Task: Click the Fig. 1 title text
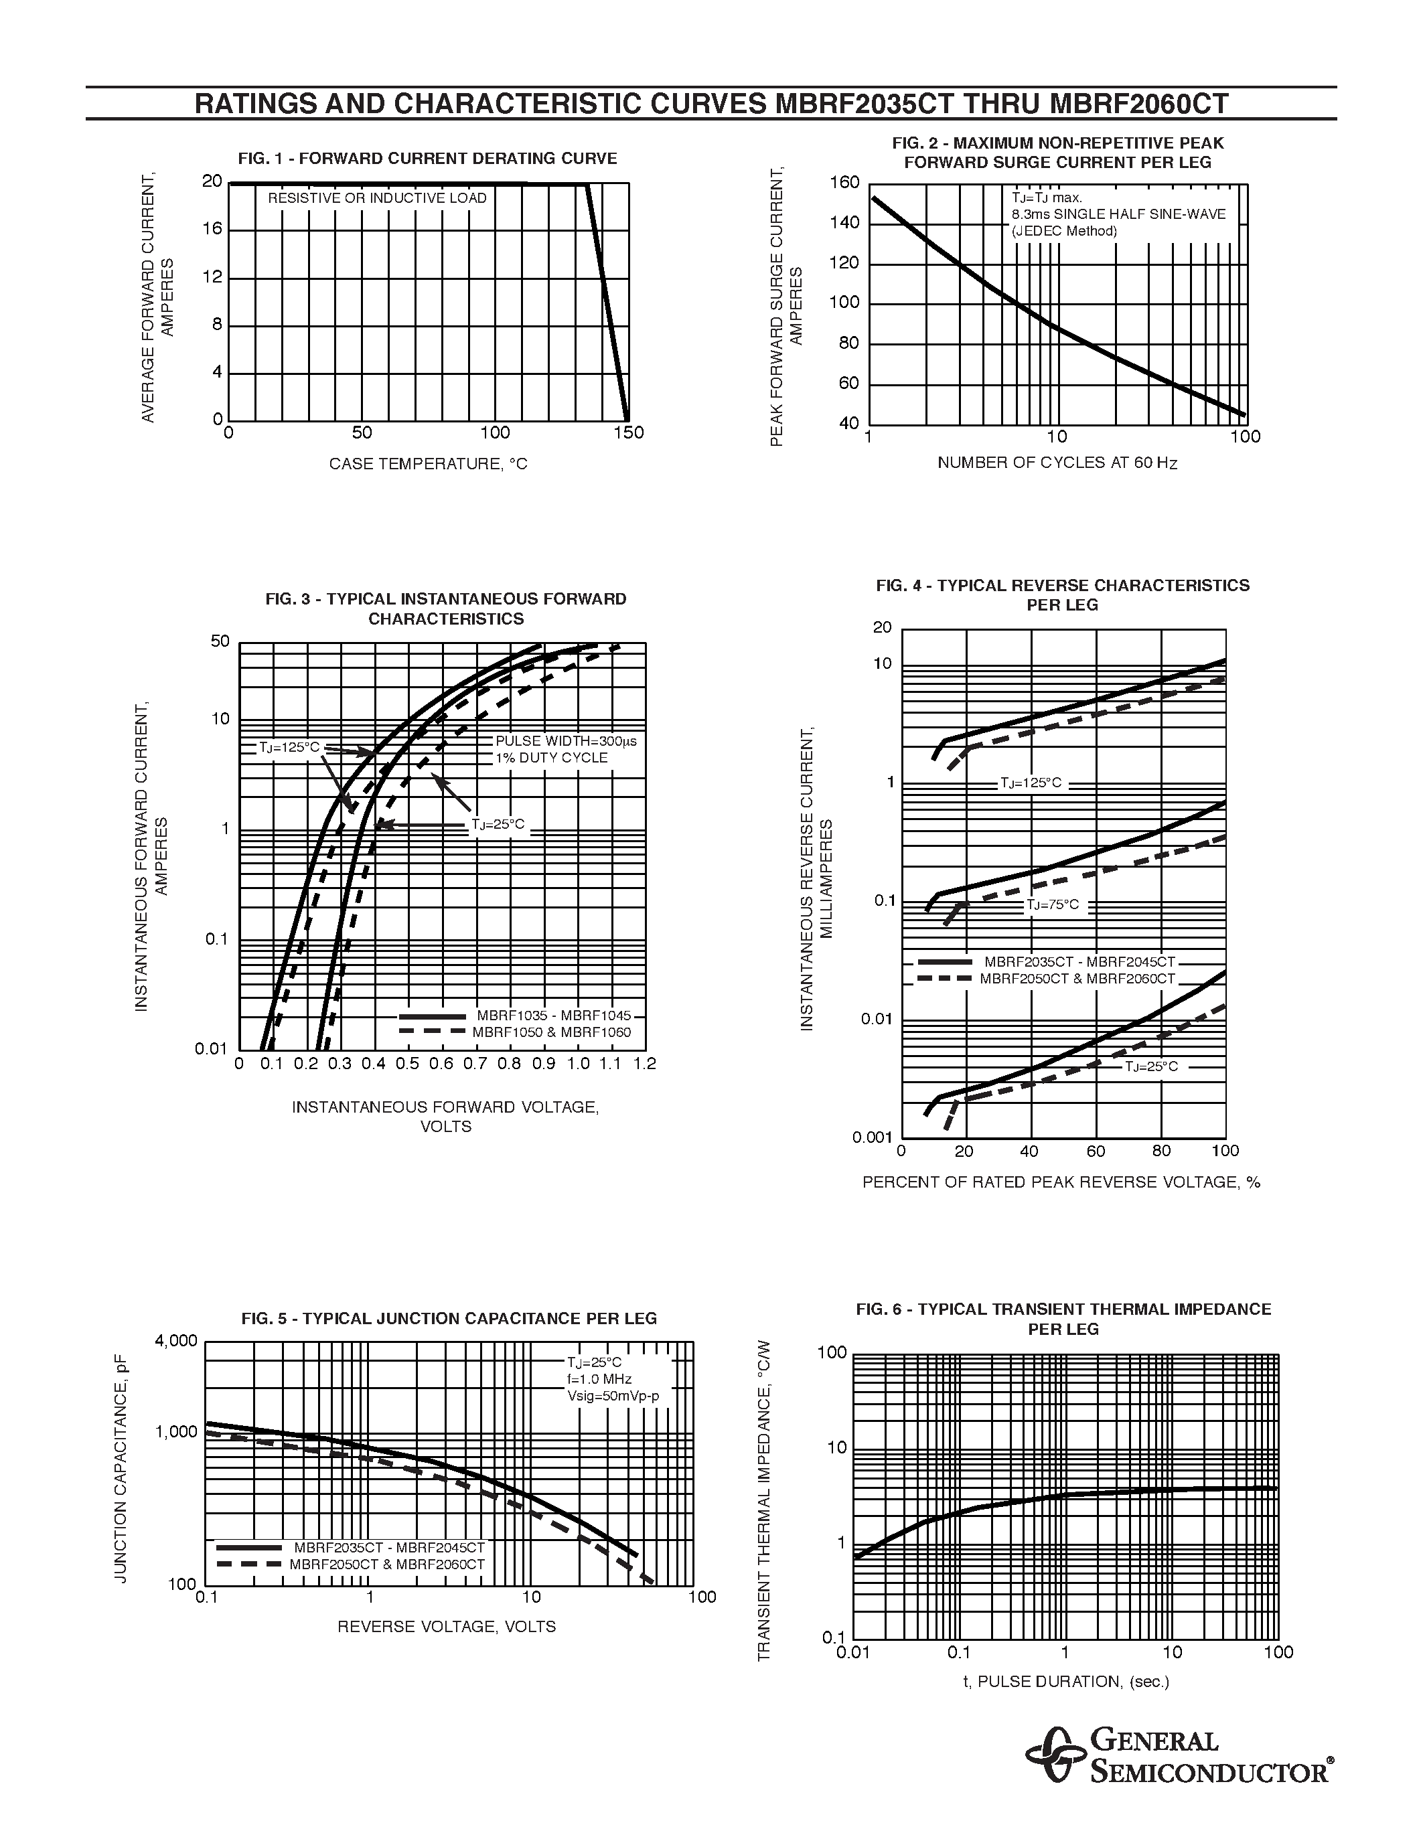[427, 159]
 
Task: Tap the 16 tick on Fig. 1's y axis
[212, 228]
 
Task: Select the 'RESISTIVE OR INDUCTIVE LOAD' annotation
[378, 198]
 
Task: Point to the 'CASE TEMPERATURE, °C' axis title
[429, 464]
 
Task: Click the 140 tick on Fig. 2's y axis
[844, 222]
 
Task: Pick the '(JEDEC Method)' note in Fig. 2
[1065, 231]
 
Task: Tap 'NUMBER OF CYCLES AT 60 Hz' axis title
[1057, 463]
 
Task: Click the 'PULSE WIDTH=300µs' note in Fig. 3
[566, 741]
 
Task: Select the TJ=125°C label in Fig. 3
[290, 747]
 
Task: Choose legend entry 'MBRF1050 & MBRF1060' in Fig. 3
[551, 1032]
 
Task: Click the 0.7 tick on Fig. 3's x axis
[475, 1064]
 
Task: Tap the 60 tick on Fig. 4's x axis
[1095, 1151]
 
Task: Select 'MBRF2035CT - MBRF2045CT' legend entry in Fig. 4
[1079, 962]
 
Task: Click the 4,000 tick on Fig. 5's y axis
[176, 1341]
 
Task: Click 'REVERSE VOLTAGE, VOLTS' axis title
[447, 1627]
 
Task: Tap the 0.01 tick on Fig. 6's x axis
[853, 1652]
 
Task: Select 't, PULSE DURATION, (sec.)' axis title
[1066, 1682]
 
